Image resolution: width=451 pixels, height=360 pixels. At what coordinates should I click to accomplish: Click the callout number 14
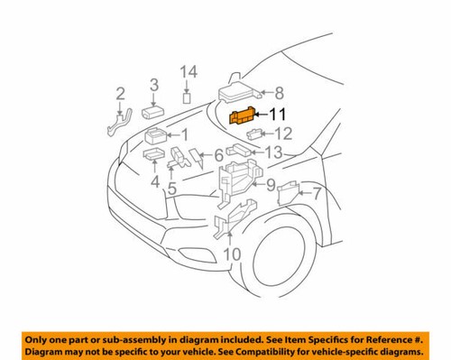[187, 72]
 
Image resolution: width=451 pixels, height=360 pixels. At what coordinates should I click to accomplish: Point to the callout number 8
[279, 92]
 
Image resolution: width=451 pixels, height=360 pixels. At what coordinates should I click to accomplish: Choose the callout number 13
[273, 152]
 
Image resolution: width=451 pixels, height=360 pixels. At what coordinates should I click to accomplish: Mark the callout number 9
[269, 185]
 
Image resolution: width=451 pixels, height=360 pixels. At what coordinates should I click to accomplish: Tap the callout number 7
[317, 192]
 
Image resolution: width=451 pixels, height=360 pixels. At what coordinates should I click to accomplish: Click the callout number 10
[233, 254]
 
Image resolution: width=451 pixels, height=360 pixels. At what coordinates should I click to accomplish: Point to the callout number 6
[218, 156]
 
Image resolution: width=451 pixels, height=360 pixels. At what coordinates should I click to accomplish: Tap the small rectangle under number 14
[187, 97]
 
